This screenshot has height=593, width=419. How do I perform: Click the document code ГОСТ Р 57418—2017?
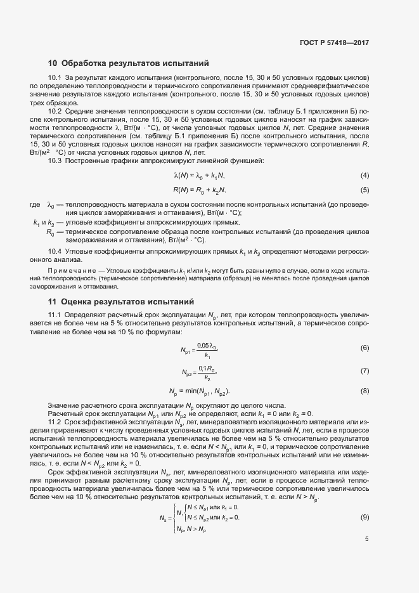pyautogui.click(x=333, y=43)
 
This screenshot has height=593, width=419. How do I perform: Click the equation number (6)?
pyautogui.click(x=364, y=349)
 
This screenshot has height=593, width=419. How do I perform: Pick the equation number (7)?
pyautogui.click(x=364, y=370)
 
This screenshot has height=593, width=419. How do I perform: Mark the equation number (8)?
pyautogui.click(x=364, y=391)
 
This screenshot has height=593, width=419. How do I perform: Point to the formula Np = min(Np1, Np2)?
pyautogui.click(x=199, y=391)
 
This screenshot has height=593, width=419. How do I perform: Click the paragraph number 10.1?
pyautogui.click(x=55, y=78)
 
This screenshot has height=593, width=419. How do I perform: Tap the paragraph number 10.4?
pyautogui.click(x=55, y=252)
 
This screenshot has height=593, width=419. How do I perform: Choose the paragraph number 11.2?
pyautogui.click(x=55, y=422)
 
